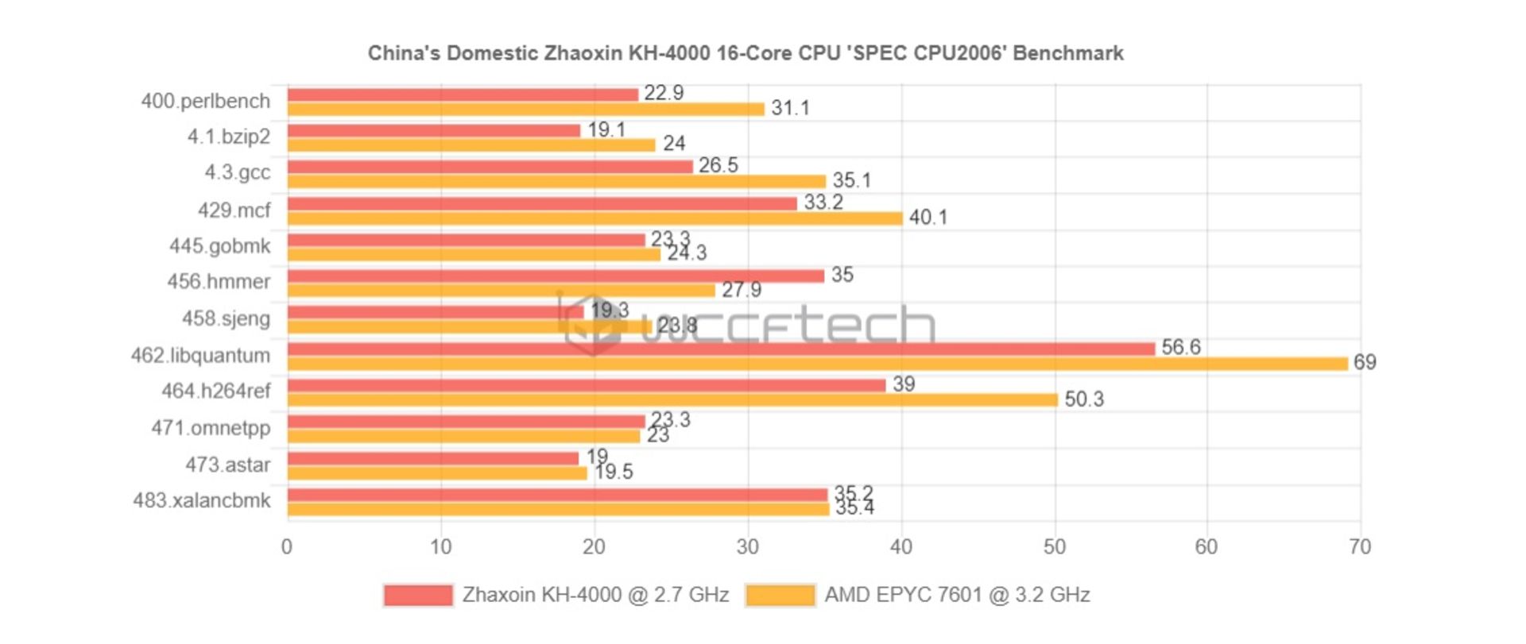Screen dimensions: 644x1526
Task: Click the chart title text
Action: [x=745, y=53]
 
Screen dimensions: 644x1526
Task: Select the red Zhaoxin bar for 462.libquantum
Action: [x=720, y=349]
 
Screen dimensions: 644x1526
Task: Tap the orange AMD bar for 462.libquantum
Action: [x=817, y=364]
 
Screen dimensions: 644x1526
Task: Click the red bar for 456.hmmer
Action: [x=555, y=276]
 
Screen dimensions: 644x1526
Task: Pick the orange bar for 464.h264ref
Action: [x=672, y=399]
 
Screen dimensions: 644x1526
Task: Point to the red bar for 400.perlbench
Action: [x=463, y=94]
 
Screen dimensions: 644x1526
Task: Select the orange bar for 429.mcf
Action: [x=595, y=218]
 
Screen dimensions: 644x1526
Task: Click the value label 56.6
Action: [x=1180, y=347]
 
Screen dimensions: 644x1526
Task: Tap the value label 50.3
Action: [x=1083, y=399]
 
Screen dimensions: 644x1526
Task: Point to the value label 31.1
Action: [x=790, y=108]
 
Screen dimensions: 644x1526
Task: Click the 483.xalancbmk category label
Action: [x=202, y=500]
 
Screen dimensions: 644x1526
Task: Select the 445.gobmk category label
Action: [x=220, y=246]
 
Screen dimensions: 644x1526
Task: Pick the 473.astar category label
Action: [x=228, y=465]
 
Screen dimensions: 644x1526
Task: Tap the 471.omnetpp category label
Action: [x=211, y=428]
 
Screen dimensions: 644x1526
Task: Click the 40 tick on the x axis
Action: [x=900, y=546]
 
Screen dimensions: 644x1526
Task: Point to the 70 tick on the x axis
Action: [x=1359, y=546]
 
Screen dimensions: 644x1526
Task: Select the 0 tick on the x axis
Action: [x=287, y=546]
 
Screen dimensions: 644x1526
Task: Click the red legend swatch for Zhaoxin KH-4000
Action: [x=417, y=595]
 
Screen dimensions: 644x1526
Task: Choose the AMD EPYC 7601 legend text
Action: [x=957, y=595]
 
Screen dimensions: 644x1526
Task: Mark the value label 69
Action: [x=1365, y=362]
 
